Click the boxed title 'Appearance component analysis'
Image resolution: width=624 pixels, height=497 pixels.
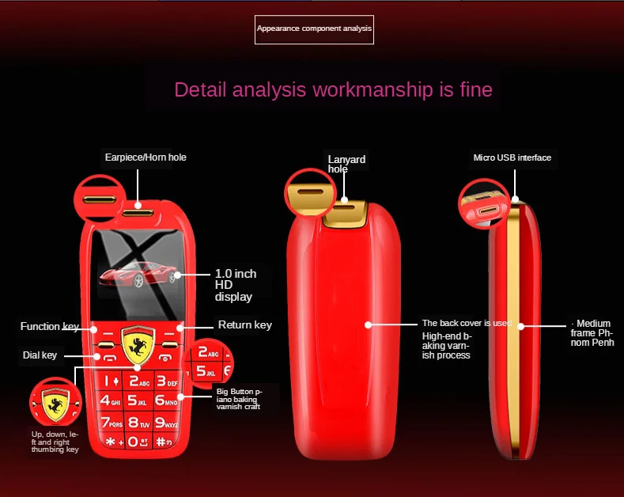coord(314,29)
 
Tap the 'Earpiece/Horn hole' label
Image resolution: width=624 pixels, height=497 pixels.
coord(146,157)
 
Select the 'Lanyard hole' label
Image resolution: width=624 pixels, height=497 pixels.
coord(346,164)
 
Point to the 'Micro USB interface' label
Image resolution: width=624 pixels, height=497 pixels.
coord(512,157)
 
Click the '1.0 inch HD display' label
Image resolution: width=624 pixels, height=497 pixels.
coord(235,285)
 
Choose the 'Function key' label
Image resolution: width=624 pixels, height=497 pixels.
coord(50,326)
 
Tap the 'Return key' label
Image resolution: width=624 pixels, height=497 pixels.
coord(244,324)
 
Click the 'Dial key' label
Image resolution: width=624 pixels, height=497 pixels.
coord(39,355)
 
